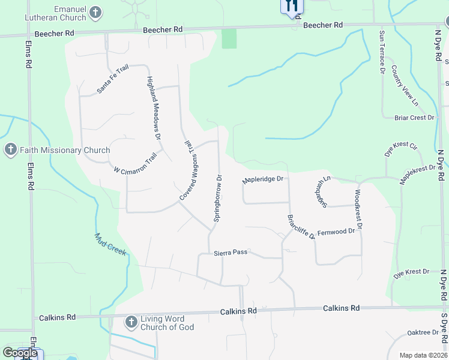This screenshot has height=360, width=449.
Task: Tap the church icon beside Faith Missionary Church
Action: tap(10, 150)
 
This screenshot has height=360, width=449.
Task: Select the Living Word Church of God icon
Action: tap(131, 323)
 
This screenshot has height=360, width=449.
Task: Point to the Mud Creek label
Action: tap(110, 244)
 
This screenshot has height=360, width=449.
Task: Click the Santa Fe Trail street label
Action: tap(113, 80)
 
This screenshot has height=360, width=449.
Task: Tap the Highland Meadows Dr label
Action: tap(154, 109)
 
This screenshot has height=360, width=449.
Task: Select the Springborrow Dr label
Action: tap(219, 198)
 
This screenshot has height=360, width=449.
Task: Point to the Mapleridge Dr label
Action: tap(262, 179)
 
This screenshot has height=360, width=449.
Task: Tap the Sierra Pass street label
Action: tap(231, 253)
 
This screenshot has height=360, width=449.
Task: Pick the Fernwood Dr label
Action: tap(336, 232)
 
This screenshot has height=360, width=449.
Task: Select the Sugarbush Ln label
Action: tap(319, 192)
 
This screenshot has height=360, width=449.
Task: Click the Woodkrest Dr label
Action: tap(358, 209)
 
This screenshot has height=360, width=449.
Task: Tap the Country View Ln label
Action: tap(403, 87)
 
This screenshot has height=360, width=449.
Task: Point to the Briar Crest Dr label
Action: tap(414, 118)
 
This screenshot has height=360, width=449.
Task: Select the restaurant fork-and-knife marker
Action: tap(292, 6)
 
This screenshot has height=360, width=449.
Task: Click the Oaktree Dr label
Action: tap(423, 332)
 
